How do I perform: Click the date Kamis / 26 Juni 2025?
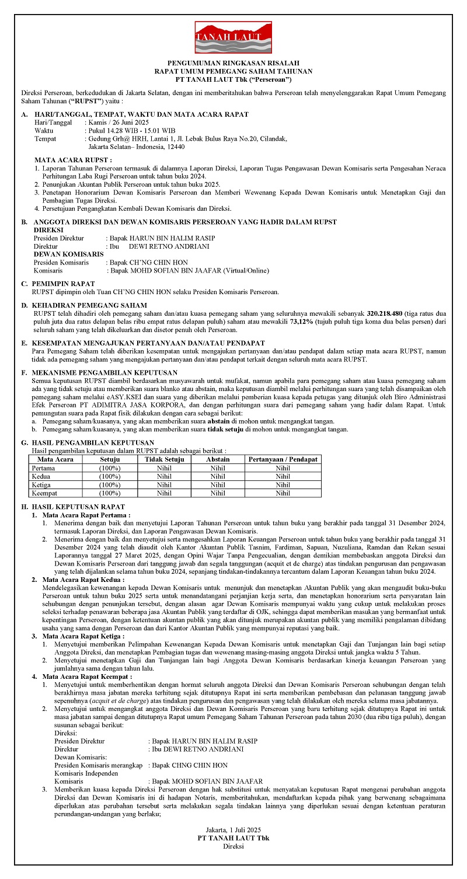[x=117, y=123]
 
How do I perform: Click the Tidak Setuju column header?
[x=165, y=459]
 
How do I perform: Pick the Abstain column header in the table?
[x=218, y=459]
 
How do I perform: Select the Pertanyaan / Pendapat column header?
[x=283, y=459]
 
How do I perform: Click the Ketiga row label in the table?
[x=41, y=484]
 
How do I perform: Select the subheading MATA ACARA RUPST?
[x=74, y=159]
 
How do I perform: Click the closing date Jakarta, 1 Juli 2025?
[x=233, y=829]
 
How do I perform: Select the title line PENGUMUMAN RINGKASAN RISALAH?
[x=233, y=62]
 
